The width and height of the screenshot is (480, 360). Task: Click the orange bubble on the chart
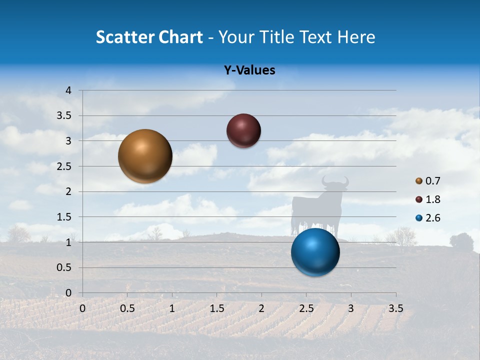click(145, 156)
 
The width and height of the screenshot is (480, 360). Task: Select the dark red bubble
click(243, 130)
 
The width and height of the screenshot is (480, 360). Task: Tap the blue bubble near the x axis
click(315, 252)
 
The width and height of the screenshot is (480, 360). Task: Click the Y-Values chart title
click(249, 70)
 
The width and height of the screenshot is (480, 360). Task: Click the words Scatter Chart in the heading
click(149, 37)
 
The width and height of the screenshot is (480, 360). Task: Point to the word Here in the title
click(356, 37)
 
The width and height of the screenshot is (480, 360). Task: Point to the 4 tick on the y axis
click(69, 90)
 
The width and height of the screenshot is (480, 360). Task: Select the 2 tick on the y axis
click(69, 191)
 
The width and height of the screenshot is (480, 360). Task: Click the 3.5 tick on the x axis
click(395, 308)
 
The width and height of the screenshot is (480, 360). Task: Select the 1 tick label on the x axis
click(172, 308)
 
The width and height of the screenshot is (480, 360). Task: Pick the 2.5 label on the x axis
click(306, 308)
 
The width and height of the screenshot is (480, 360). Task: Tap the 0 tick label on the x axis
click(82, 308)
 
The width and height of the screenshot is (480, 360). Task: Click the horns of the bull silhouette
click(334, 180)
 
